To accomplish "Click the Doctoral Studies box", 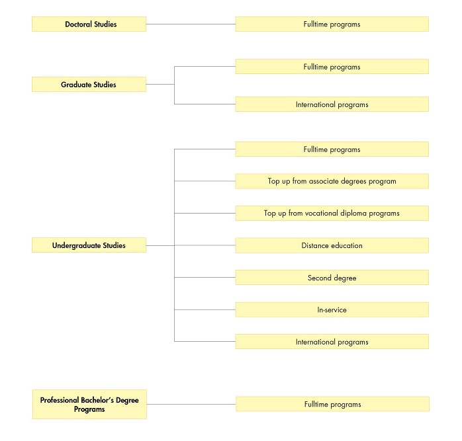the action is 89,24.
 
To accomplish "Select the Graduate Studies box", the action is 89,85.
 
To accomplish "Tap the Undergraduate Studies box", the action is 89,245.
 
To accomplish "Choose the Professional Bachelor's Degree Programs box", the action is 89,404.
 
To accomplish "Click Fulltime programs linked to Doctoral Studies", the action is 332,24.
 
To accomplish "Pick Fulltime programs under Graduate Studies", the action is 332,67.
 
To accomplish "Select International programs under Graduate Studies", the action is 332,104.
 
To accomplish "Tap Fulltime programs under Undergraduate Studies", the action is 332,149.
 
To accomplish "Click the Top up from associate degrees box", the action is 332,181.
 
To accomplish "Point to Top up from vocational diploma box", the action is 332,213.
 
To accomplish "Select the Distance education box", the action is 332,245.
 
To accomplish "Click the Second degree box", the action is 332,278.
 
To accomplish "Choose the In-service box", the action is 332,309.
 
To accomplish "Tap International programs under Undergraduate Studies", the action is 332,342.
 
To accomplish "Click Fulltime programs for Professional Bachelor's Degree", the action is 333,404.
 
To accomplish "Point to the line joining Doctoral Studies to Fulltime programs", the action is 191,24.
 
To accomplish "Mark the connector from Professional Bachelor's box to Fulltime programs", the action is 191,404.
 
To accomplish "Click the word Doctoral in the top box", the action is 78,24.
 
